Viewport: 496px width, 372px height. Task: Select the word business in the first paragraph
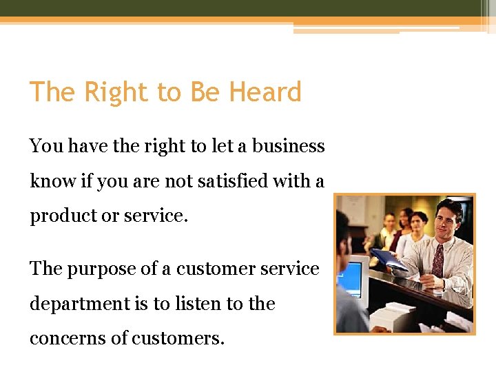coord(288,146)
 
